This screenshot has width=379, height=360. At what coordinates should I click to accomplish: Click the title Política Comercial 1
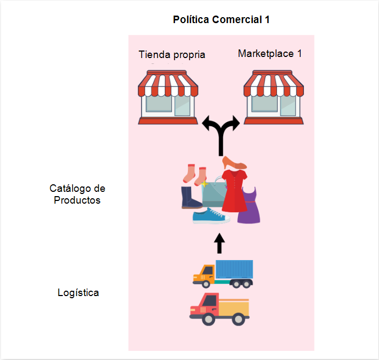pyautogui.click(x=221, y=20)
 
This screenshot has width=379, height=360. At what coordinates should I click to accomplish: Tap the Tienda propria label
pyautogui.click(x=172, y=55)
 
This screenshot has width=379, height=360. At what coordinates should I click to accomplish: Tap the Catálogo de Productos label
pyautogui.click(x=77, y=194)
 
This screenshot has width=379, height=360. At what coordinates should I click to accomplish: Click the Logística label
pyautogui.click(x=78, y=293)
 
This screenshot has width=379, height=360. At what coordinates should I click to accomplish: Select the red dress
pyautogui.click(x=234, y=191)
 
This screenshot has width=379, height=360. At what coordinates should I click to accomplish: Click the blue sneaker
pyautogui.click(x=210, y=216)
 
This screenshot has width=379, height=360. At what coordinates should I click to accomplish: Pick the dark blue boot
pyautogui.click(x=191, y=197)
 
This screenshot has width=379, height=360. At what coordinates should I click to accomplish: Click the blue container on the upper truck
pyautogui.click(x=234, y=270)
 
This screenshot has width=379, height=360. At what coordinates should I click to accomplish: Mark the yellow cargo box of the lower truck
pyautogui.click(x=235, y=307)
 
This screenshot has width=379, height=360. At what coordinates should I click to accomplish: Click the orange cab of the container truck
pyautogui.click(x=203, y=275)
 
